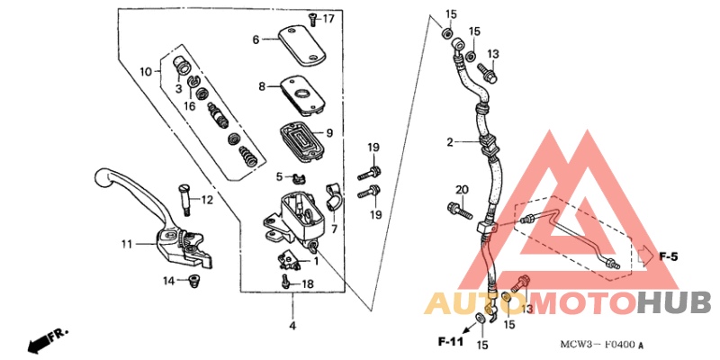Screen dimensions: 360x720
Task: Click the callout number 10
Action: [x=146, y=70]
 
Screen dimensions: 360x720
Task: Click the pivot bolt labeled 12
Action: [x=185, y=200]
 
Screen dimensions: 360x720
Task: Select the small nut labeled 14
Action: [x=190, y=284]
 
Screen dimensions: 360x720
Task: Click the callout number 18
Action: [x=307, y=284]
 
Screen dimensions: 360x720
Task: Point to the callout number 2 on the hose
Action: [x=450, y=142]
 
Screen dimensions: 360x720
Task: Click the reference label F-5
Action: [x=667, y=256]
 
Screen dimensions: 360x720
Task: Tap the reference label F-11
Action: [x=453, y=342]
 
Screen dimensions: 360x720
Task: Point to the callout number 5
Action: [x=279, y=176]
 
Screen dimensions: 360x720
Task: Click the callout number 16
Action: [x=190, y=106]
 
